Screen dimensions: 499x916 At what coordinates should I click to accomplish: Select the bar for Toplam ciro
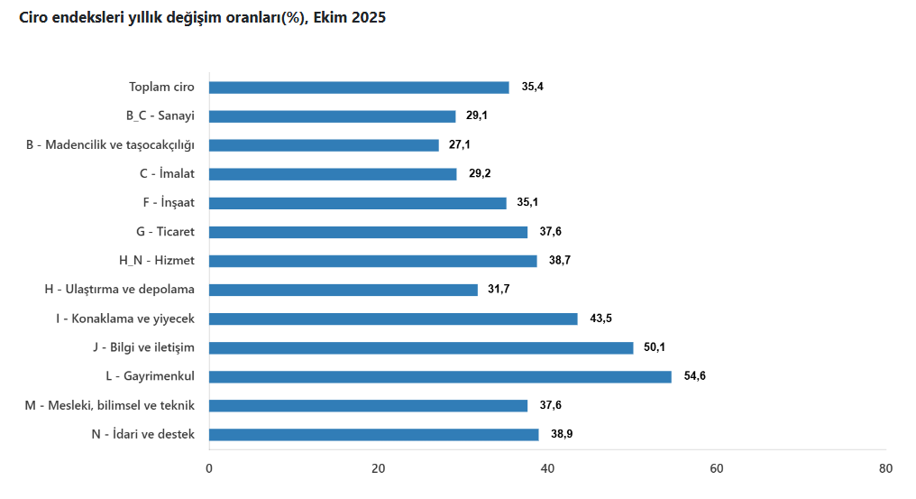coord(359,88)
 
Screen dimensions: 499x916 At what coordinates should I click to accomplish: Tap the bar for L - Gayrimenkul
coord(440,376)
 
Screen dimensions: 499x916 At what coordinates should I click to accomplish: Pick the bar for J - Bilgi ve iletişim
coord(421,347)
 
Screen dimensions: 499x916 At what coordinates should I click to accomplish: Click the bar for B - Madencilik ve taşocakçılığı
coord(324,145)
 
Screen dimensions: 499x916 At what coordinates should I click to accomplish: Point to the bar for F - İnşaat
coord(358,203)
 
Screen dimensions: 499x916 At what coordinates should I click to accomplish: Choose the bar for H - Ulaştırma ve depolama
coord(343,290)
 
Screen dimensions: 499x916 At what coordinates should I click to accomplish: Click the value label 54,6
coord(694,376)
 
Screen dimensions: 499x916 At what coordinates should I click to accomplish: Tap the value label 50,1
coord(656,347)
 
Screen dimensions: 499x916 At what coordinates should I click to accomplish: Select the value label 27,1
coord(461,145)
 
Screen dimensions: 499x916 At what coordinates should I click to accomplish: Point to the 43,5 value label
coord(600,319)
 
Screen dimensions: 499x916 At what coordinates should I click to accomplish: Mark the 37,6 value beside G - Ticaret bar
coord(550,232)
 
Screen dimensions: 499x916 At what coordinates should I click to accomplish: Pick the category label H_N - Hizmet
coord(157,261)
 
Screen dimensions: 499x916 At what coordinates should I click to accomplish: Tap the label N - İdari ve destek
coord(142,434)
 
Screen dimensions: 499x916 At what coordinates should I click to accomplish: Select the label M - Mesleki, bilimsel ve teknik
coord(110,405)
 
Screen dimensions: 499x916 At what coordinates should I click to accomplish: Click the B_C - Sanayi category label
coord(160,116)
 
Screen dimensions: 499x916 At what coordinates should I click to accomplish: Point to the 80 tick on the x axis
coord(885,468)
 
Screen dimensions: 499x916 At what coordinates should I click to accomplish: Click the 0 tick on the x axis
coord(209,468)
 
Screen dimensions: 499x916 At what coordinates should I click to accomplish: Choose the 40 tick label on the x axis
coord(547,468)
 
